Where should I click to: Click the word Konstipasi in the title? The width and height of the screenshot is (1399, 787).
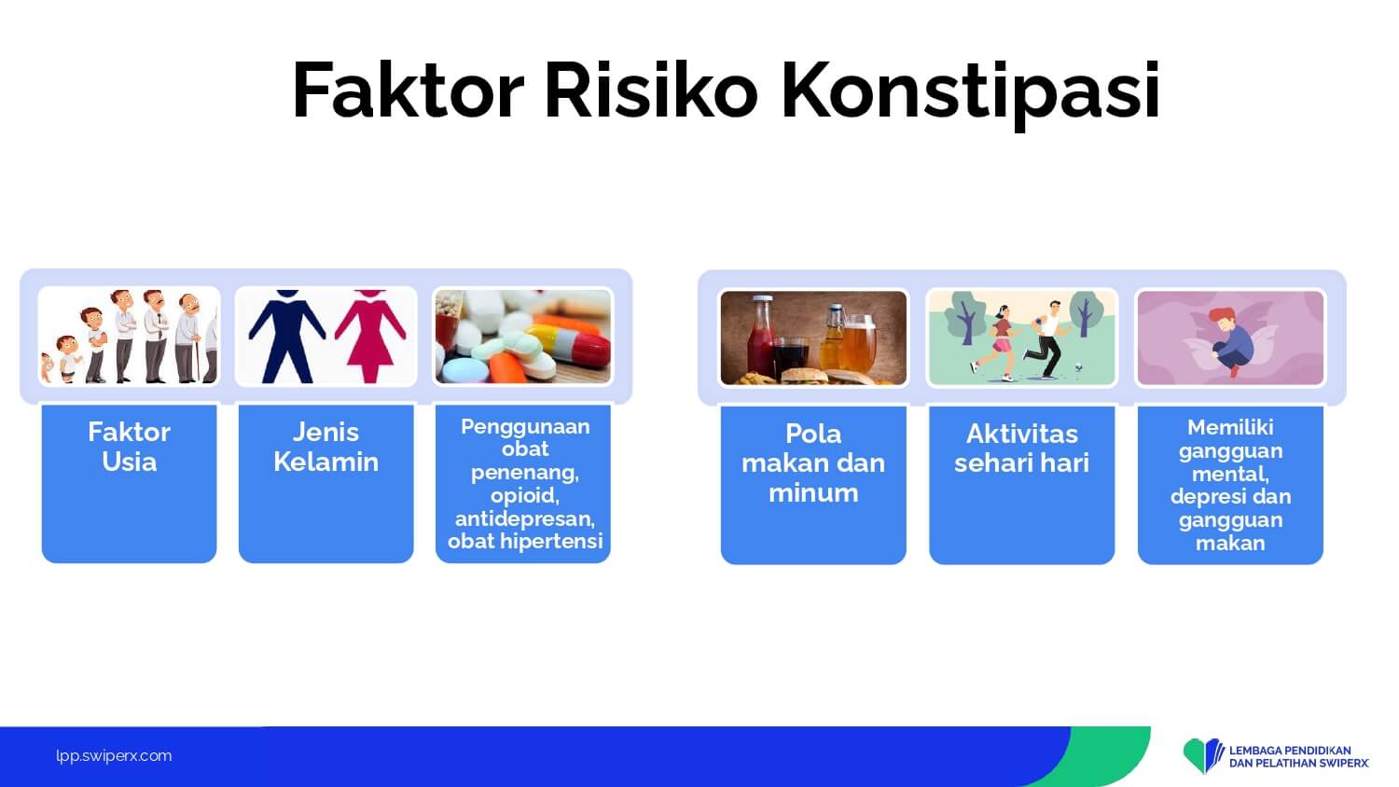(971, 91)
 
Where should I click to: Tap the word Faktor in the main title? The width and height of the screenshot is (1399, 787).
(408, 90)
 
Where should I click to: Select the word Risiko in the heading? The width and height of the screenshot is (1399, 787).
(651, 90)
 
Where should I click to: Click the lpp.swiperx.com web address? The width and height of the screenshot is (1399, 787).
(114, 756)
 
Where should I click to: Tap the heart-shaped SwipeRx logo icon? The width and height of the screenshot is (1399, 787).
(1203, 755)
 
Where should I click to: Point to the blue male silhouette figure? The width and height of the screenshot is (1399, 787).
(286, 336)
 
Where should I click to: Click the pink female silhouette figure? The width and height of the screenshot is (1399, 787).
(369, 336)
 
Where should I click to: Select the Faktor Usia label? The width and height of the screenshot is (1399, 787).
(130, 447)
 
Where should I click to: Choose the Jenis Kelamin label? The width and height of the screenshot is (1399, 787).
(326, 447)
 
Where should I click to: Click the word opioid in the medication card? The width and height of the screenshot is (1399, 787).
(524, 495)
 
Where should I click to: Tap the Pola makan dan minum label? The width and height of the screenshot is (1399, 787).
(813, 463)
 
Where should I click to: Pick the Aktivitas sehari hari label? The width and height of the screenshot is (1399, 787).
(1022, 448)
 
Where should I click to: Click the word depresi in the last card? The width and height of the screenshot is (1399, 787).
(1199, 497)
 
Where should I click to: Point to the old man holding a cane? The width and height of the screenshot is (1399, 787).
(188, 338)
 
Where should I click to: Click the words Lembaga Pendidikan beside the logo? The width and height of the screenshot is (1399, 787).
(1290, 750)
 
